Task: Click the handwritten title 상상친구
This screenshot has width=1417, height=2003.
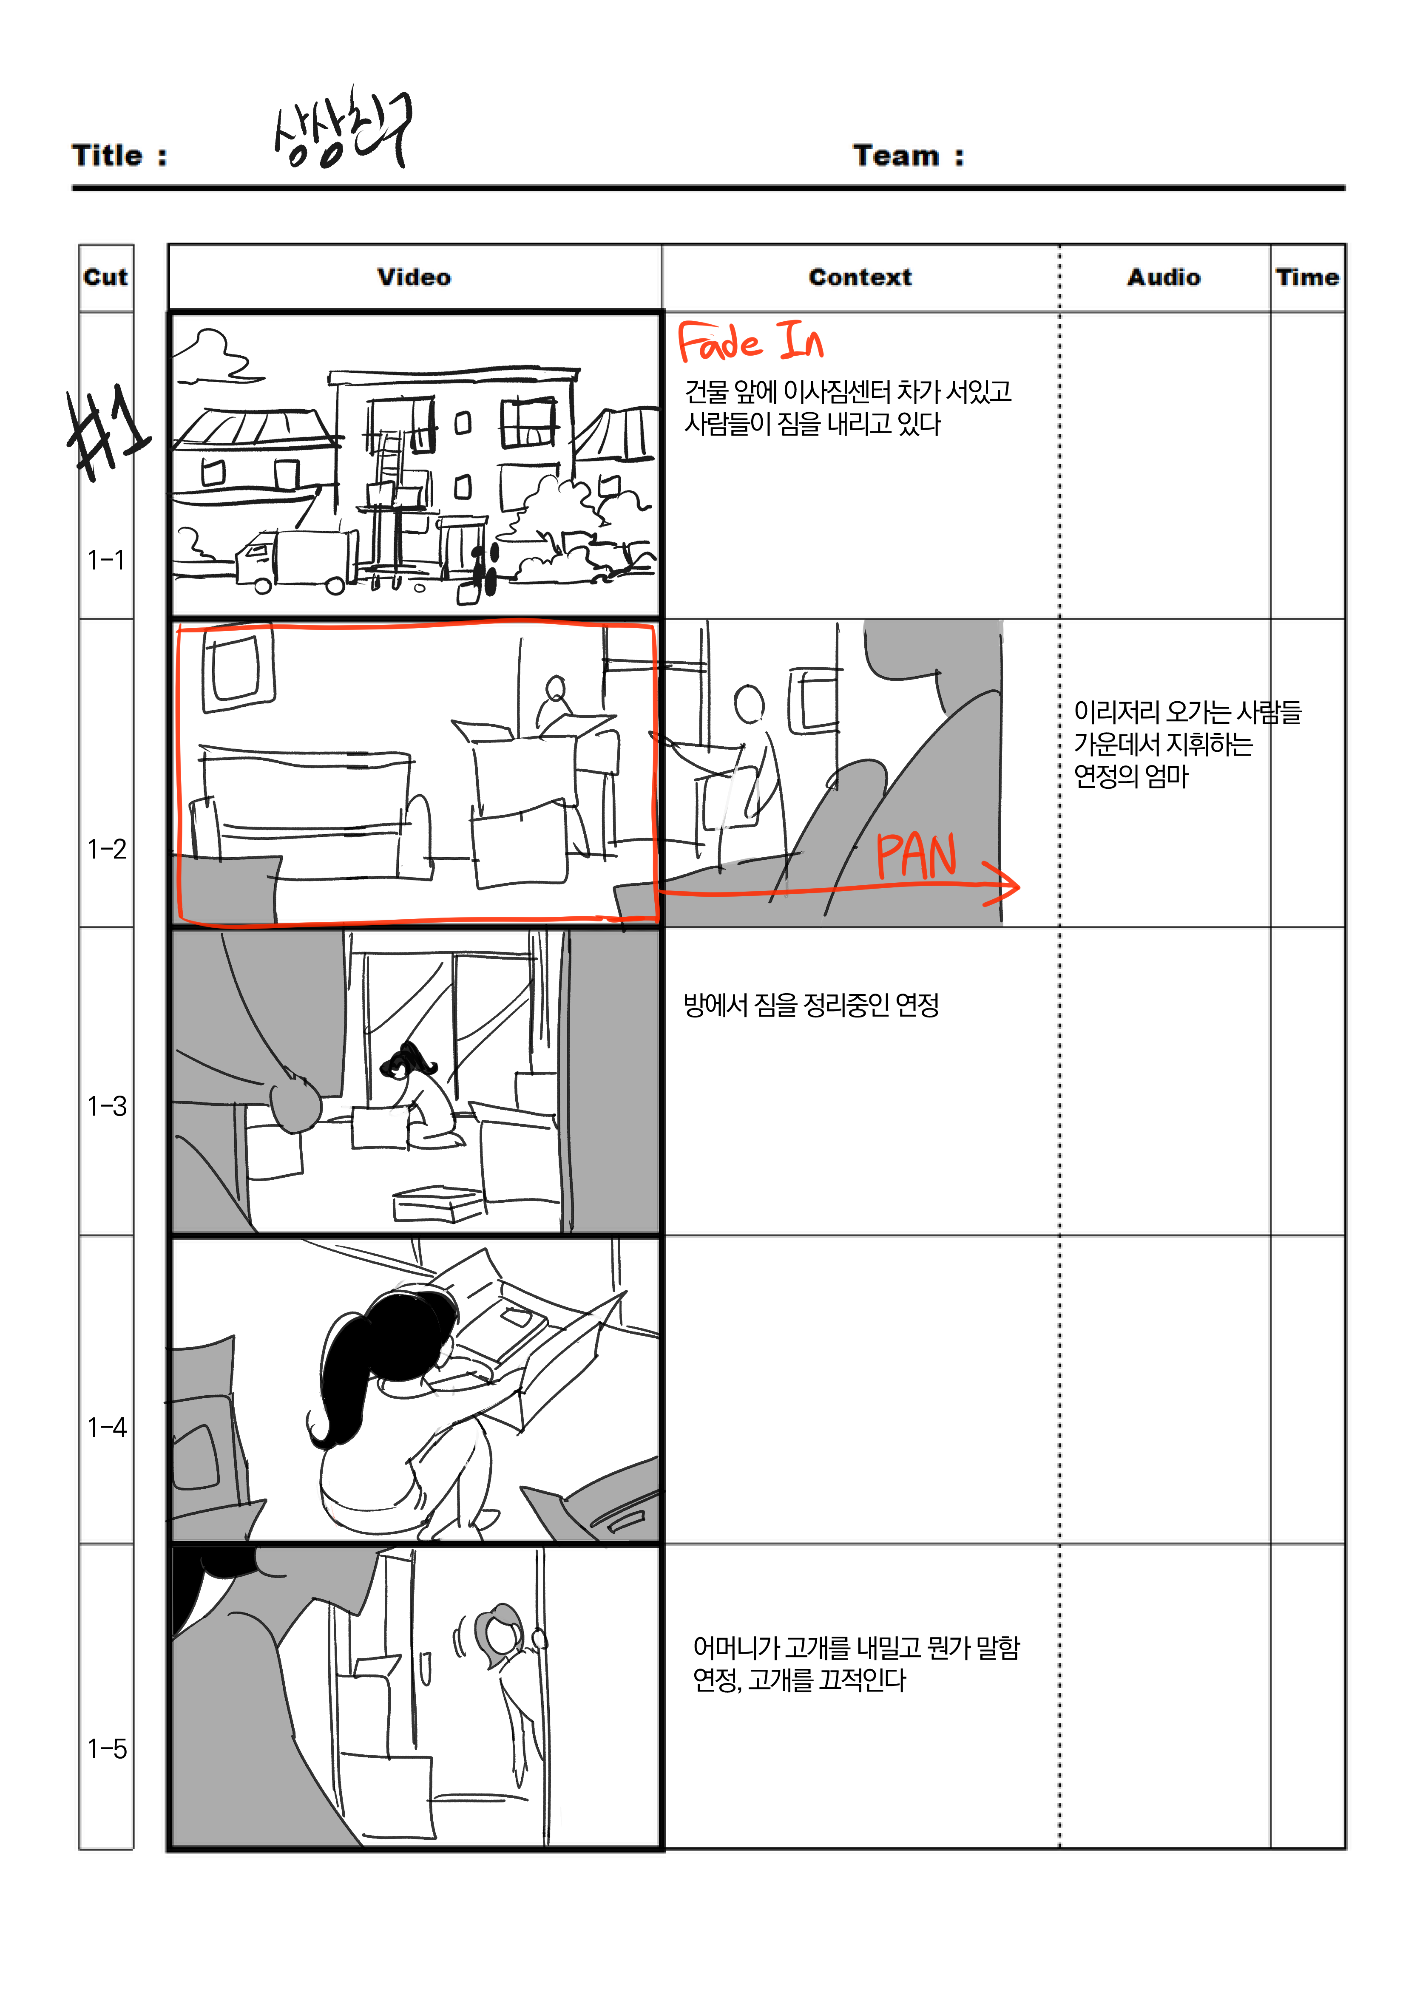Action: pyautogui.click(x=342, y=129)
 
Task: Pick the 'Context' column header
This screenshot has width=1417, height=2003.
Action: pyautogui.click(x=860, y=278)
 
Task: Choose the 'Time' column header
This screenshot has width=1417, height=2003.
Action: pyautogui.click(x=1306, y=278)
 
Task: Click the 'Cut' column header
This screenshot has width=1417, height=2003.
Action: pyautogui.click(x=105, y=278)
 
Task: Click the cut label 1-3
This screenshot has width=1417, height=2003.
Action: pyautogui.click(x=106, y=1106)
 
